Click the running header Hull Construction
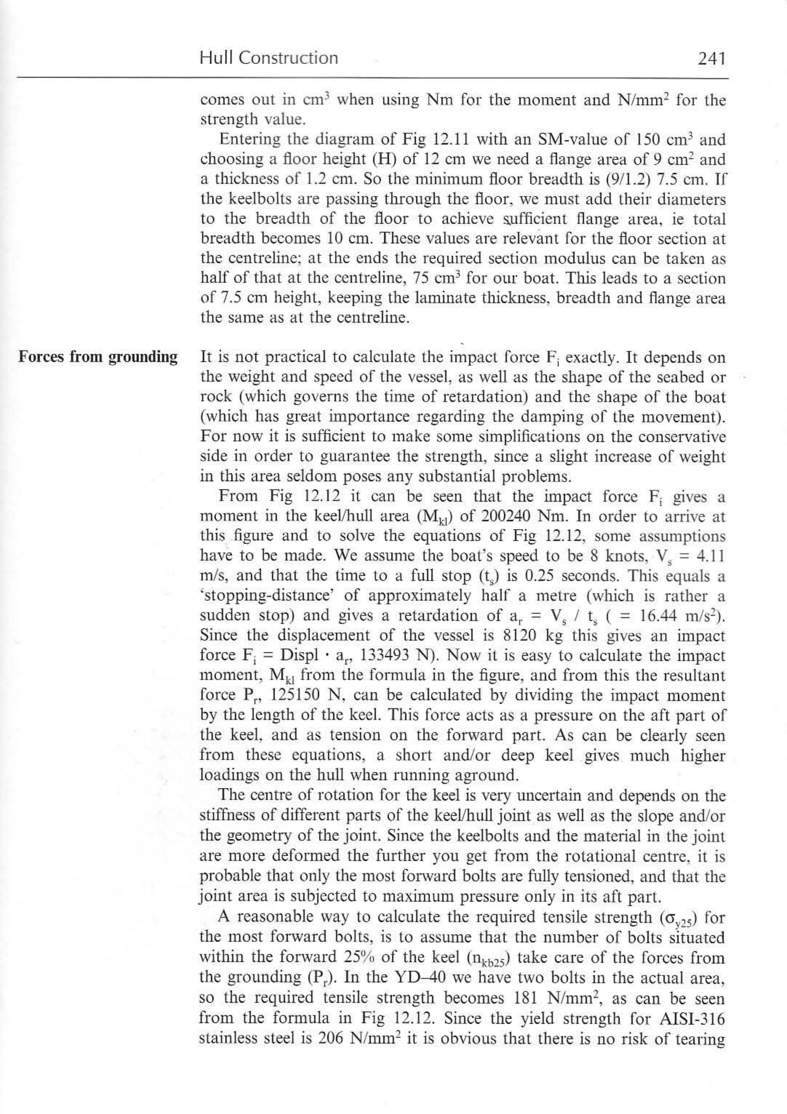[x=268, y=58]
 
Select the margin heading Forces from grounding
[x=98, y=357]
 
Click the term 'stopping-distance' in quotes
[x=267, y=596]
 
